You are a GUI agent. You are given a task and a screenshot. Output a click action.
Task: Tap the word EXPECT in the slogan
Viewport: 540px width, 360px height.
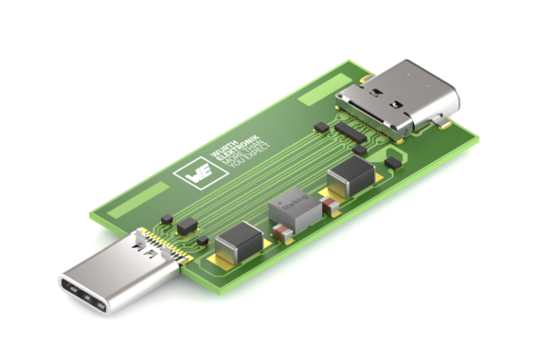pos(248,166)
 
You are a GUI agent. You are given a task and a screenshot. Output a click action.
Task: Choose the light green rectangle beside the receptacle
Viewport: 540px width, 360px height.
pos(319,92)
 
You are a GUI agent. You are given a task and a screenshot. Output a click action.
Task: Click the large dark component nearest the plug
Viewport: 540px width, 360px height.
pos(237,243)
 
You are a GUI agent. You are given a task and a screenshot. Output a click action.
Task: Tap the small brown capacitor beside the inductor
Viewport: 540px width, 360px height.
pos(281,232)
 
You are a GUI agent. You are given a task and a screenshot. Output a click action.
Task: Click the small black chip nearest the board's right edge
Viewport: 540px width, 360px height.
pos(392,163)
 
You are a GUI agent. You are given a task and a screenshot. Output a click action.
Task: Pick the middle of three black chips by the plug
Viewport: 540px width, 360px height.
pos(186,225)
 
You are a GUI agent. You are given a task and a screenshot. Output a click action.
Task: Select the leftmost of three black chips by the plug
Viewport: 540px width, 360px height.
pos(167,220)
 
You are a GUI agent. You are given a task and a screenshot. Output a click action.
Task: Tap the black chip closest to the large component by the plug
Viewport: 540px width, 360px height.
pos(203,243)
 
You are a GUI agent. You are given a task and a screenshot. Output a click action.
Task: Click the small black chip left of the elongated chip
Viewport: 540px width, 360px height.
pos(320,125)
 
